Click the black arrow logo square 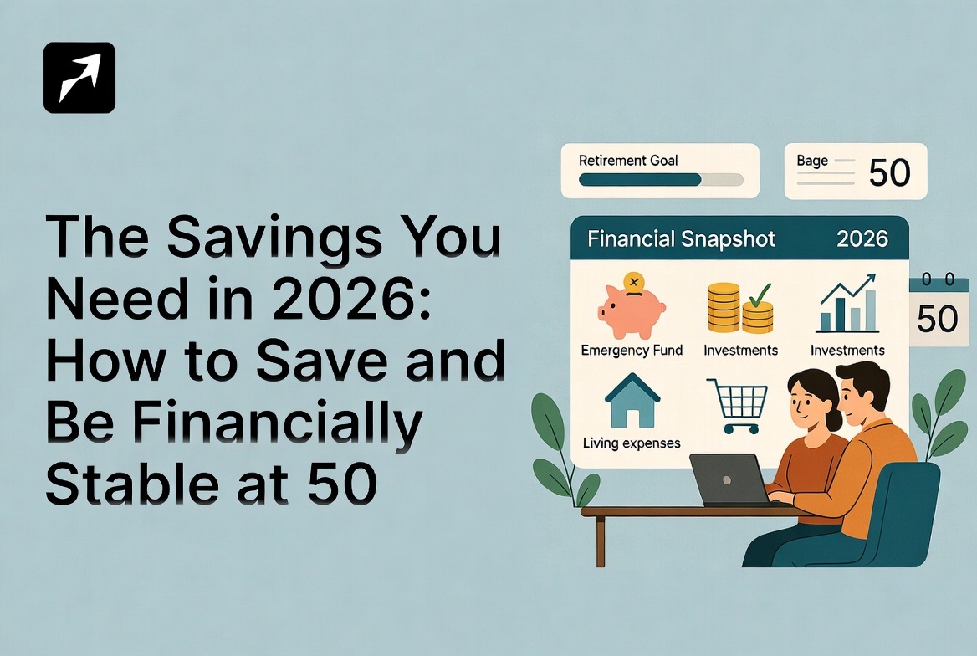[79, 78]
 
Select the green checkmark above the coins [760, 295]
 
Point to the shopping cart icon [736, 405]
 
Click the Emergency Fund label [632, 350]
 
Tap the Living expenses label [632, 443]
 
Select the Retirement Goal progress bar [661, 179]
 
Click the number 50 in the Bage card [889, 172]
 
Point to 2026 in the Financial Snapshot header [862, 238]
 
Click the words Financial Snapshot [681, 238]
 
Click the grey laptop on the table [729, 479]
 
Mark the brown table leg [601, 541]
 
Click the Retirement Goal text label [628, 160]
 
